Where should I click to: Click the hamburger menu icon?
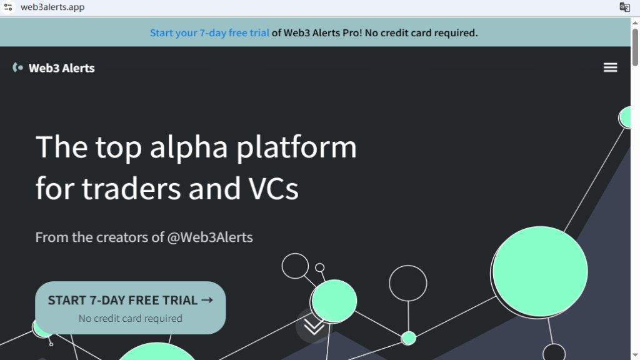pyautogui.click(x=610, y=67)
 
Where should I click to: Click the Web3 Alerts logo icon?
pyautogui.click(x=17, y=67)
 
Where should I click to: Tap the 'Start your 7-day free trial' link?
pyautogui.click(x=209, y=32)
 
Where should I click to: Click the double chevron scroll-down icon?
pyautogui.click(x=314, y=326)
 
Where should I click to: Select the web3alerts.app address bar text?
pyautogui.click(x=52, y=7)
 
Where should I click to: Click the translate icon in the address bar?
pyautogui.click(x=624, y=7)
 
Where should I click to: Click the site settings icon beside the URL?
pyautogui.click(x=7, y=7)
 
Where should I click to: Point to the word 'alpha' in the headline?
pyautogui.click(x=189, y=147)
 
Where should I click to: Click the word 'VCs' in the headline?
pyautogui.click(x=274, y=189)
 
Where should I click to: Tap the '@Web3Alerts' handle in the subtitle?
pyautogui.click(x=210, y=237)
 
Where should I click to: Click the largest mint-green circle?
pyautogui.click(x=540, y=271)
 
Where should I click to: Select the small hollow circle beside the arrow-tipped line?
pyautogui.click(x=319, y=267)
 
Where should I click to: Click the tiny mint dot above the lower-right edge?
pyautogui.click(x=408, y=338)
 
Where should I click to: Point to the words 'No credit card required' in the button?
pyautogui.click(x=130, y=318)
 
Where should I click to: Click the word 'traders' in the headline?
pyautogui.click(x=131, y=189)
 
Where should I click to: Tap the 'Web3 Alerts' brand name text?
pyautogui.click(x=62, y=68)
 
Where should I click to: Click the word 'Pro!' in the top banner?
pyautogui.click(x=352, y=32)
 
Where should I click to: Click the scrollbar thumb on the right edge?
pyautogui.click(x=635, y=47)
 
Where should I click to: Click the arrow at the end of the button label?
pyautogui.click(x=207, y=300)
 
